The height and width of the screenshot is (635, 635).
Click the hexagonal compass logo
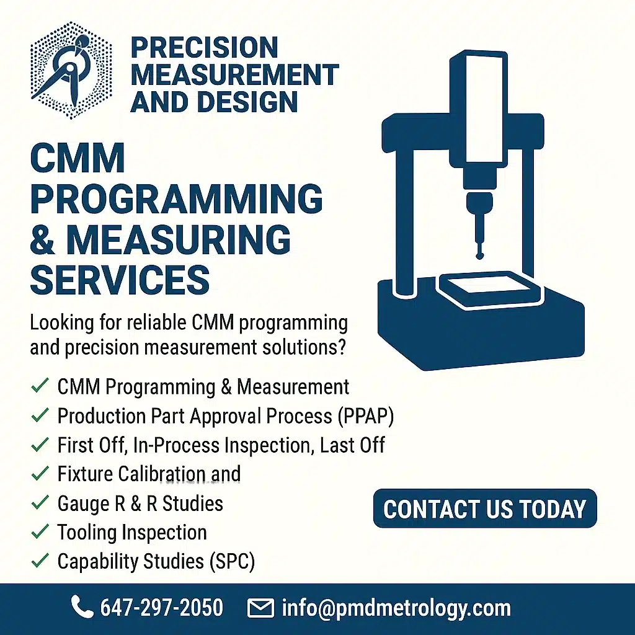[x=71, y=71]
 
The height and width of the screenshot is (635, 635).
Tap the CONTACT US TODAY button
[x=485, y=508]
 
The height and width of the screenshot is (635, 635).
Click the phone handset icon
[x=82, y=606]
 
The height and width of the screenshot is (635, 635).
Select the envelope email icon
[x=260, y=608]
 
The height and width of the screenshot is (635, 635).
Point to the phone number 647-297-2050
[x=162, y=608]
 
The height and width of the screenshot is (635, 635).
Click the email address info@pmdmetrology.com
[x=396, y=609]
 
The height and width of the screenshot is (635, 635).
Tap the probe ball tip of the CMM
[x=480, y=255]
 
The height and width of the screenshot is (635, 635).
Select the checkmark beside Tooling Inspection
[x=40, y=531]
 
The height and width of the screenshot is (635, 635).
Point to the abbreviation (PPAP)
[x=366, y=416]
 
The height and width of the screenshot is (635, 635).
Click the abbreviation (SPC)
[x=232, y=562]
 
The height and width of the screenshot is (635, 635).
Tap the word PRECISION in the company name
[x=205, y=48]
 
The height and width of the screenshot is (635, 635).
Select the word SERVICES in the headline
[x=120, y=280]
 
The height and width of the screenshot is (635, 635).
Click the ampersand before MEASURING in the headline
[x=43, y=240]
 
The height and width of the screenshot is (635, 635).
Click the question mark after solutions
[x=341, y=347]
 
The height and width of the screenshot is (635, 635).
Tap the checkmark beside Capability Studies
[x=40, y=561]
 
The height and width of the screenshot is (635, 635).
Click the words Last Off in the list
[x=352, y=445]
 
